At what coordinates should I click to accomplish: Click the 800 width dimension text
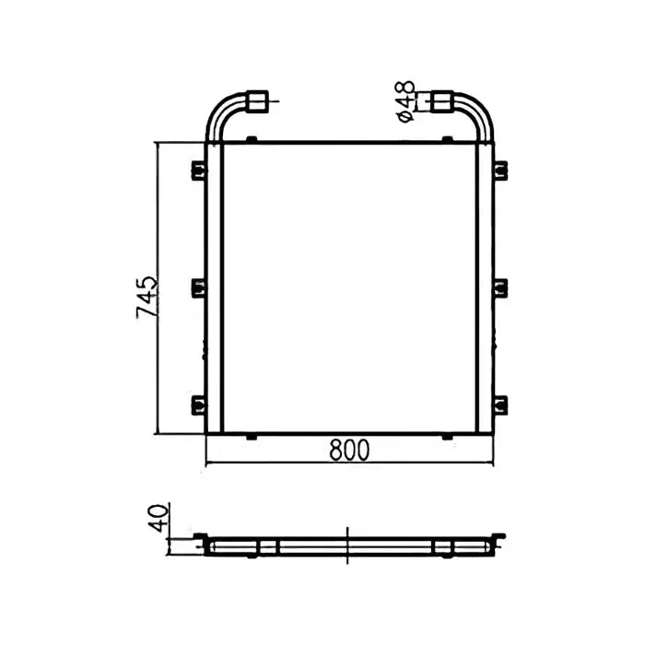[x=349, y=450]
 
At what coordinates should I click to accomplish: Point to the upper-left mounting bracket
[x=198, y=170]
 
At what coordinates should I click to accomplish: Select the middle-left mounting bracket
[x=198, y=287]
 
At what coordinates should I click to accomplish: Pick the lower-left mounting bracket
[x=198, y=404]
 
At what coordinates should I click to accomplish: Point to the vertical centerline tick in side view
[x=348, y=545]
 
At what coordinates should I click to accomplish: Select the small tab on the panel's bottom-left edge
[x=252, y=436]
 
